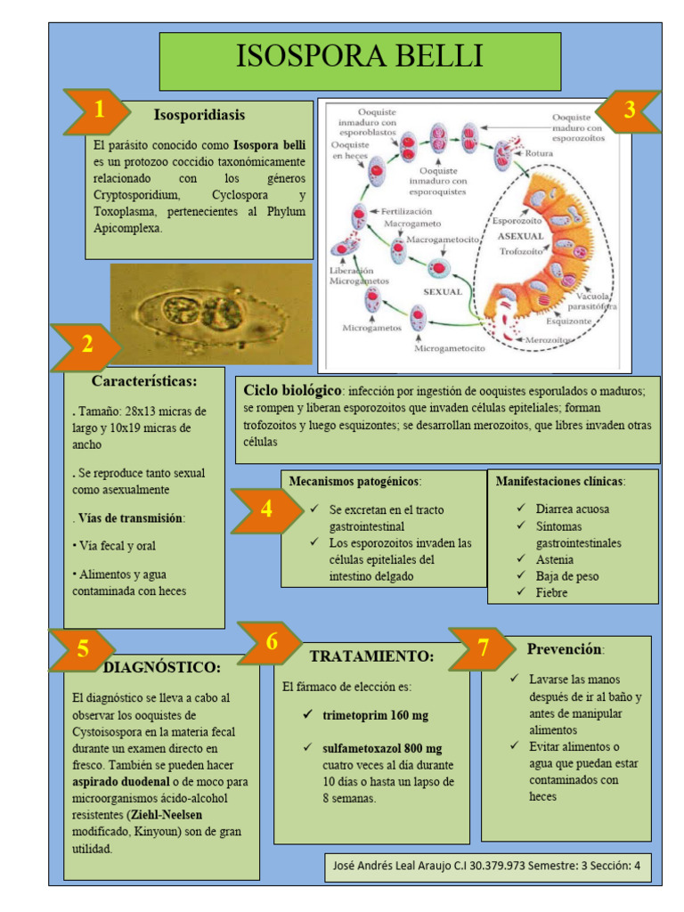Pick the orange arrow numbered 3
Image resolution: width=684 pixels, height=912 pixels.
point(628,110)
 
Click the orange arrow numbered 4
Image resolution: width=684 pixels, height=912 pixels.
point(266,510)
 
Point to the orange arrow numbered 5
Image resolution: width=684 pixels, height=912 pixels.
point(83,649)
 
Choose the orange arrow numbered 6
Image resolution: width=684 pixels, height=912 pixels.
point(272,642)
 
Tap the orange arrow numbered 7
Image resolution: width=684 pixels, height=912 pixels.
point(483,647)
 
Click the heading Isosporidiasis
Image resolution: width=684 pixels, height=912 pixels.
point(199,115)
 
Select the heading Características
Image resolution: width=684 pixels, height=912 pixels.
point(144,381)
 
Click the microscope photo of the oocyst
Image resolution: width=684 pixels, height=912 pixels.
point(210,313)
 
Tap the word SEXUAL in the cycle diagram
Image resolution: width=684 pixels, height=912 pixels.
point(442,292)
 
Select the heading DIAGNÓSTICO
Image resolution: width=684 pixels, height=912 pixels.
point(162,666)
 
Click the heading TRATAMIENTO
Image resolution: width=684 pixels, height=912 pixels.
point(371,656)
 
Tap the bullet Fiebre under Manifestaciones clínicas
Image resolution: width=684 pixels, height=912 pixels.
point(551,592)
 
